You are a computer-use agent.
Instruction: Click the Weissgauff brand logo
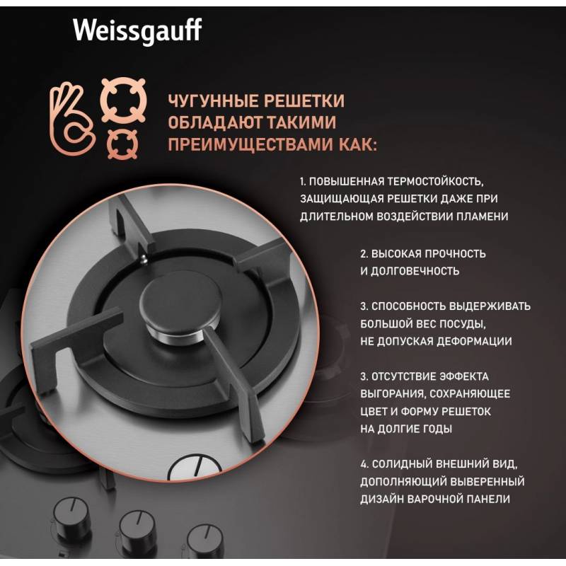[x=137, y=32]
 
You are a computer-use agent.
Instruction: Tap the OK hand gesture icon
[x=71, y=119]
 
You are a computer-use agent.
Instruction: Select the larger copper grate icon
[x=123, y=100]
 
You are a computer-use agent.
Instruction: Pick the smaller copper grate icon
[x=122, y=144]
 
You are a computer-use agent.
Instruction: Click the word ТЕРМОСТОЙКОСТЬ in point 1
[x=435, y=181]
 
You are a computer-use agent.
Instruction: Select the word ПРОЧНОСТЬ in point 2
[x=455, y=254]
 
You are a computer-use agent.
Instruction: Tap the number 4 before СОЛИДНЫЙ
[x=364, y=464]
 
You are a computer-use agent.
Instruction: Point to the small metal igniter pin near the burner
[x=144, y=258]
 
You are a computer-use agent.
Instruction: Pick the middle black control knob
[x=137, y=529]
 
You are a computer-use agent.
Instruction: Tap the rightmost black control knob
[x=204, y=541]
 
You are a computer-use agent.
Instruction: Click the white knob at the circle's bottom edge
[x=195, y=467]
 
